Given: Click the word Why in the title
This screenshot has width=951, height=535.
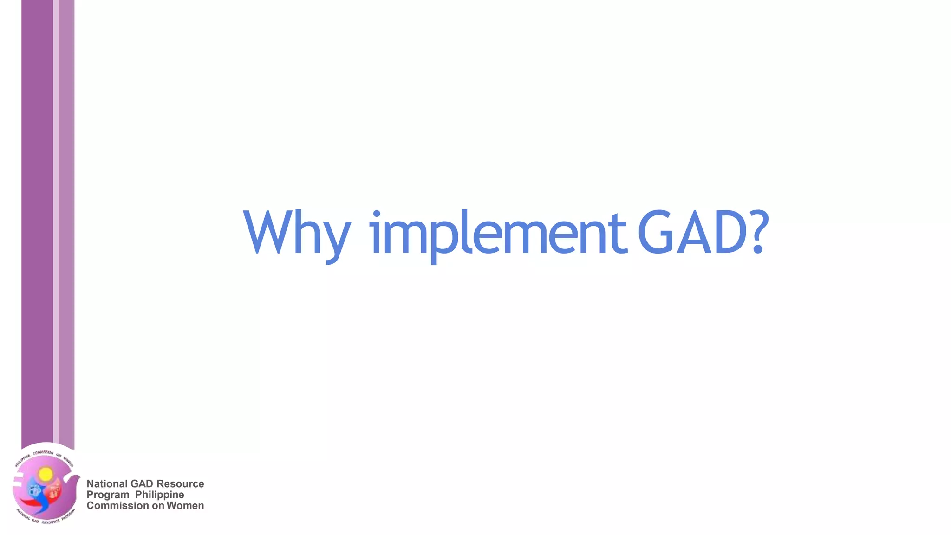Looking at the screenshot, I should (296, 233).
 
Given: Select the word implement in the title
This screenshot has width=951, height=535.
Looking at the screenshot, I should (498, 233).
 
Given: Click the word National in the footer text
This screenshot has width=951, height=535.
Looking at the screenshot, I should (107, 484).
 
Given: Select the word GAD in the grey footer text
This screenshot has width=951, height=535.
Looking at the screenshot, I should (142, 484).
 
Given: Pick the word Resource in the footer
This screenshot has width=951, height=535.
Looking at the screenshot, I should (180, 484).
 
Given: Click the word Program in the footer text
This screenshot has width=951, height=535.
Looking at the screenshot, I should (108, 495).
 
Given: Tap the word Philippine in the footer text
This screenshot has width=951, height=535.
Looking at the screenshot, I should (159, 495).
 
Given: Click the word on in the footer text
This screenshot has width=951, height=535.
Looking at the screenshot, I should (158, 506).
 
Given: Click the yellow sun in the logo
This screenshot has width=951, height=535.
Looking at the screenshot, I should (46, 474).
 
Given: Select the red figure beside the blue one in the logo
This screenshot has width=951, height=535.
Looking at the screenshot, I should (55, 490).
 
